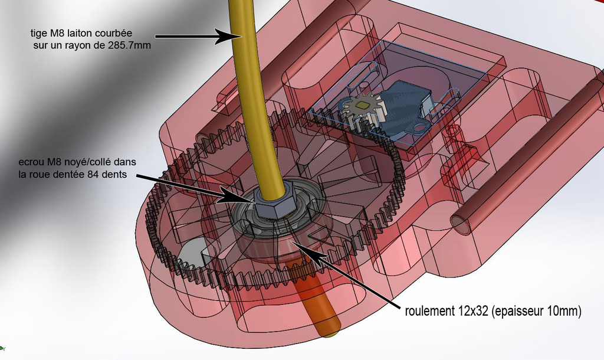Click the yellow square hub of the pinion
pos(363,105)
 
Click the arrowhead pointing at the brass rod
pos(229,36)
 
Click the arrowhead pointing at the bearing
pos(304,248)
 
